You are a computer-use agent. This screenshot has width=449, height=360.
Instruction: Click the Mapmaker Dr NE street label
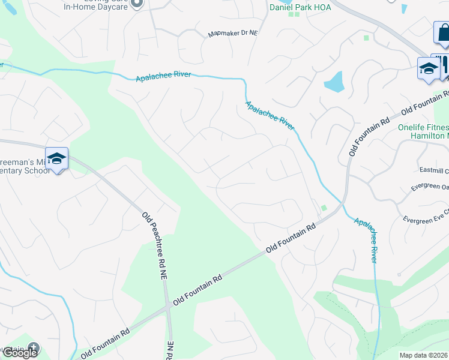pyautogui.click(x=232, y=34)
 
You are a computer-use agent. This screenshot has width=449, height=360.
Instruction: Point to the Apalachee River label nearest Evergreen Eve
pyautogui.click(x=365, y=239)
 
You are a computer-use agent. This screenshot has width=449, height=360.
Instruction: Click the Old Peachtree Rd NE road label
pyautogui.click(x=154, y=246)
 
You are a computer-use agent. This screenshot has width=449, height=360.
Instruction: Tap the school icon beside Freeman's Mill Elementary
pyautogui.click(x=56, y=159)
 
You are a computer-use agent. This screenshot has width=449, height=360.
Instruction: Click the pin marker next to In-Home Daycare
pyautogui.click(x=137, y=4)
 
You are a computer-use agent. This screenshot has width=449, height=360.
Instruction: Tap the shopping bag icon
pyautogui.click(x=443, y=34)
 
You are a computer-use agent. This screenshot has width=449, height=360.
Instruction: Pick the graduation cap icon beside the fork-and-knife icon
pyautogui.click(x=429, y=68)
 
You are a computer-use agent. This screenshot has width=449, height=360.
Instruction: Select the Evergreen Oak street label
pyautogui.click(x=430, y=187)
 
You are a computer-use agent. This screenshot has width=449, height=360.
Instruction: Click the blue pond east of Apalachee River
pyautogui.click(x=334, y=82)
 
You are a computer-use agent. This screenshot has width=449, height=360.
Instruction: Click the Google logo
pyautogui.click(x=20, y=352)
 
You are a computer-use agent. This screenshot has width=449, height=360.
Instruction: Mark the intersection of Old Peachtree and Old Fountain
pyautogui.click(x=167, y=307)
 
